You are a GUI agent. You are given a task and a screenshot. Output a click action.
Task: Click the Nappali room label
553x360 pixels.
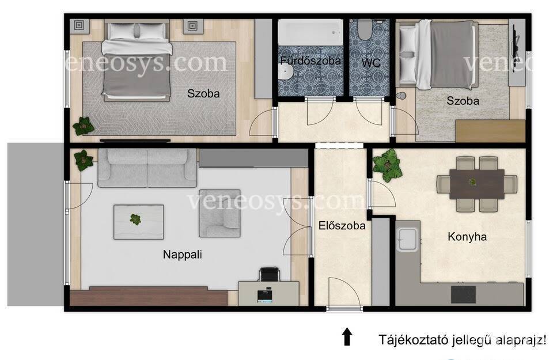183,254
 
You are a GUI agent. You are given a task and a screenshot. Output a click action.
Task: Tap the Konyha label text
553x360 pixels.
467,237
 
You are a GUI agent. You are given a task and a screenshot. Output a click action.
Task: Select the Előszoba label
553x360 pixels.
342,226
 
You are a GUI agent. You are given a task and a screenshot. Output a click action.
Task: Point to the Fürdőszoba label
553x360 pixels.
310,60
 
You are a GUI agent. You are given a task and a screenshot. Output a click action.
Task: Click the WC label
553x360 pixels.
371,63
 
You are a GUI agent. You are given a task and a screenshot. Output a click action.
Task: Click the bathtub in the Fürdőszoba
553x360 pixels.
310,32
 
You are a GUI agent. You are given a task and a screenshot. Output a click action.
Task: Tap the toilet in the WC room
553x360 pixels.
364,29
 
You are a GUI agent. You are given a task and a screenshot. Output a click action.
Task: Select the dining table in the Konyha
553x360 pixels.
477,184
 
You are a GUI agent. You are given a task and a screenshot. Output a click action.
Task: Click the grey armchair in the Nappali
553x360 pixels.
219,213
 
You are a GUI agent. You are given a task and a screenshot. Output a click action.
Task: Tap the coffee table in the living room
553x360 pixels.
139,222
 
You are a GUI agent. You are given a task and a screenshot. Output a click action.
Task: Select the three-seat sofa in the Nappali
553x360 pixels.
147,168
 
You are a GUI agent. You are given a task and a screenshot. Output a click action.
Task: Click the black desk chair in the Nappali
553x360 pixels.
270,274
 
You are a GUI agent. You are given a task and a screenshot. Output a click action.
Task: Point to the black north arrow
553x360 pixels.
347,336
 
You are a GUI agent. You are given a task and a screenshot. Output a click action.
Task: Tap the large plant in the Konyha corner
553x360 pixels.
388,165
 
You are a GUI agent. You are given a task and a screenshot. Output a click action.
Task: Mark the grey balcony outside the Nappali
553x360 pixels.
36,224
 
